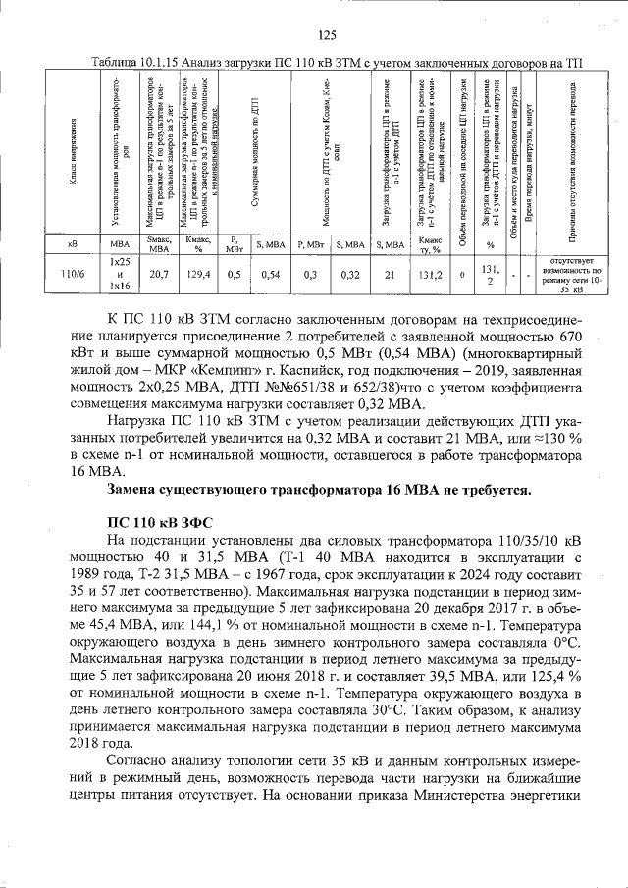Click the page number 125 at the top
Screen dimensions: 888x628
click(x=327, y=36)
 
